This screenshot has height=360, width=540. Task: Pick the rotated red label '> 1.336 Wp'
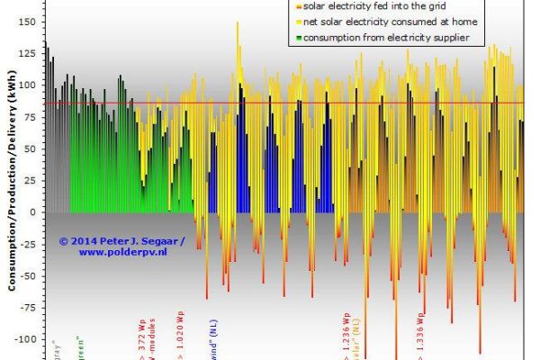pyautogui.click(x=420, y=335)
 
